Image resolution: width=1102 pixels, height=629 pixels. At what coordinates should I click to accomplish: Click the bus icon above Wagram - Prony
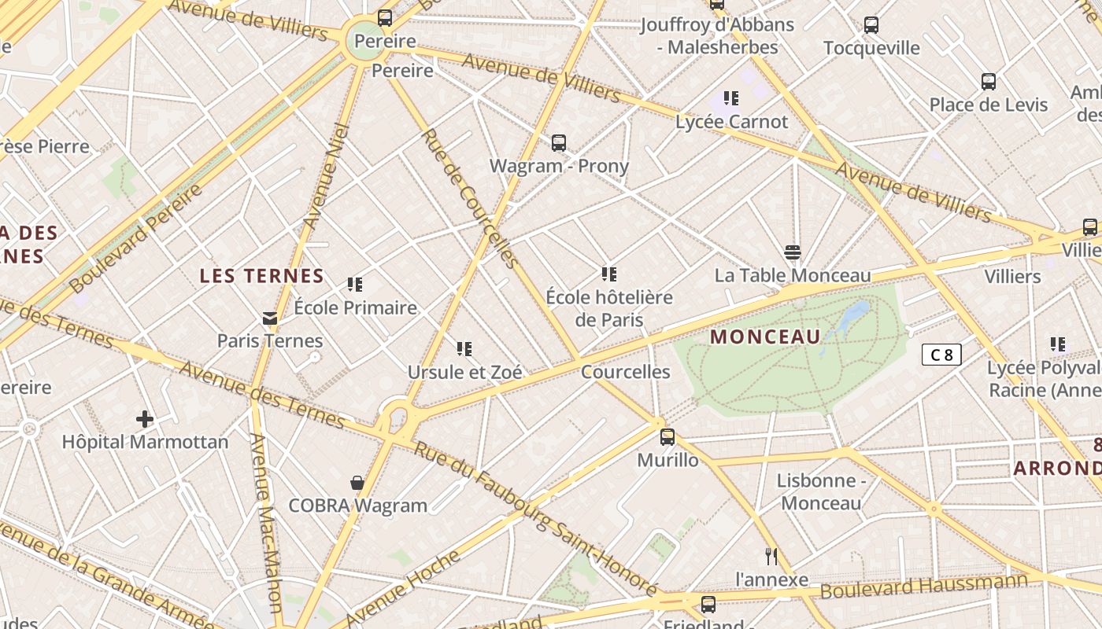point(559,143)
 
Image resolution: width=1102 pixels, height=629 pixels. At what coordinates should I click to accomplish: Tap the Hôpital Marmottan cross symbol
point(145,418)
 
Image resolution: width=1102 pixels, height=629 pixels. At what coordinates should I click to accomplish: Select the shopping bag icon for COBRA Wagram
point(357,482)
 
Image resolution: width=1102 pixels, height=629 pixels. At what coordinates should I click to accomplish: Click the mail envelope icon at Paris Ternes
point(270,318)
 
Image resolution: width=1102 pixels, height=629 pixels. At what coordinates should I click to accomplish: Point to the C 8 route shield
point(941,355)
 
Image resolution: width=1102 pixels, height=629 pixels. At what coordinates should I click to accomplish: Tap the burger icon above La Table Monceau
point(793,252)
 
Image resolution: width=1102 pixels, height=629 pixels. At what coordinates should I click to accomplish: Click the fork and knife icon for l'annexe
point(771,557)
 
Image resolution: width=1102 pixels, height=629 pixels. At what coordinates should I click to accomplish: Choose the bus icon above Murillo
point(667,436)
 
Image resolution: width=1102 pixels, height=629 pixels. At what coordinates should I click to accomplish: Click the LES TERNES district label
point(261,276)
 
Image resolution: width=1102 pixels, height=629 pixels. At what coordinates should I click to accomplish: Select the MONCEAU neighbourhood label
point(765,337)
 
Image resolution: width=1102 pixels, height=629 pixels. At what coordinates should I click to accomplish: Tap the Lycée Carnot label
point(731,122)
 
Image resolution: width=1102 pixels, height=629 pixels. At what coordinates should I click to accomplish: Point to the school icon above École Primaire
point(355,284)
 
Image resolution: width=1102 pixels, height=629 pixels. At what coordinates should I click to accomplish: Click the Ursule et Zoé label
point(464,372)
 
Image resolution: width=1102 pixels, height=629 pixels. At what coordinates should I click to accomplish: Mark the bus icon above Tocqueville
point(871,25)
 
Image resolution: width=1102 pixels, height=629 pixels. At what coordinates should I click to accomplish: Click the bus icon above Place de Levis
point(989,82)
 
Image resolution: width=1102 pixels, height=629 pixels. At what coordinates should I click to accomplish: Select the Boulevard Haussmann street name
point(925,587)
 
